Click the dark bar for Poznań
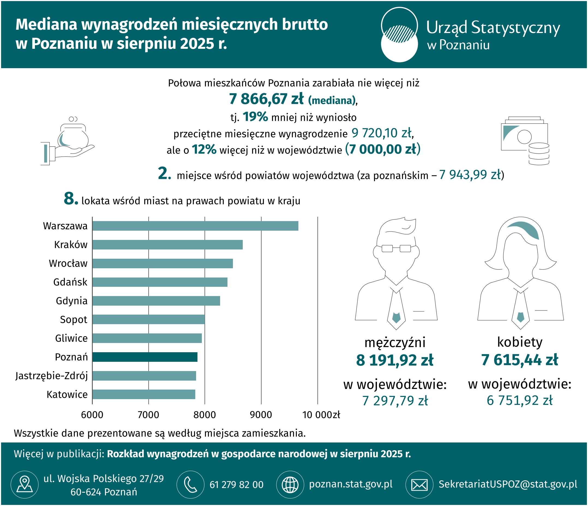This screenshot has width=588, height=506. pyautogui.click(x=145, y=357)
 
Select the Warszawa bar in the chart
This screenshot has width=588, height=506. pyautogui.click(x=195, y=226)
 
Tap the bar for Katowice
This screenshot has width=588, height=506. pyautogui.click(x=144, y=394)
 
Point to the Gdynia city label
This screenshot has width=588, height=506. pyautogui.click(x=71, y=301)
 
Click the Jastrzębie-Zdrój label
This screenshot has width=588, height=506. pyautogui.click(x=52, y=376)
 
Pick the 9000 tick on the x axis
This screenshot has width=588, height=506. pyautogui.click(x=261, y=415)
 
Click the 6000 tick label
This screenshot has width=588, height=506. pyautogui.click(x=92, y=415)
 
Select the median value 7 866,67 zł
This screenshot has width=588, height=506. pyautogui.click(x=266, y=99)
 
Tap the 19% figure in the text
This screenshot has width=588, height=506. pyautogui.click(x=255, y=117)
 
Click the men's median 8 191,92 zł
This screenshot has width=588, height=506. pyautogui.click(x=395, y=360)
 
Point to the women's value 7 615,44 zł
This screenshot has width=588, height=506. pyautogui.click(x=520, y=360)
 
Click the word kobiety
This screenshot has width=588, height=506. pyautogui.click(x=520, y=342)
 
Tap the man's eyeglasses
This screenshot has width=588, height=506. pyautogui.click(x=396, y=248)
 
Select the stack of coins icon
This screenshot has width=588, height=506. pyautogui.click(x=539, y=154)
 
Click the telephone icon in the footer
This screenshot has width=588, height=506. pyautogui.click(x=190, y=485)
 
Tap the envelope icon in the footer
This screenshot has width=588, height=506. pyautogui.click(x=419, y=485)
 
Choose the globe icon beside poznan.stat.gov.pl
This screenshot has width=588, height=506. pyautogui.click(x=290, y=485)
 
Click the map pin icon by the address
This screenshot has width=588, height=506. pyautogui.click(x=25, y=485)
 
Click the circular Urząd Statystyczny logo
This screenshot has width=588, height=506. pyautogui.click(x=399, y=35)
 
